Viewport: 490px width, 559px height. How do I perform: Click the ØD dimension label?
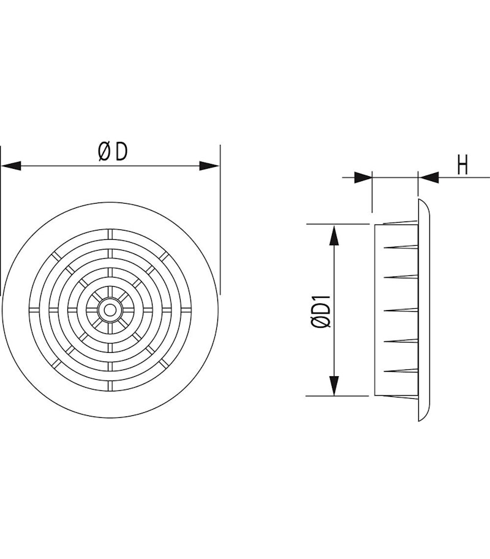(x=113, y=152)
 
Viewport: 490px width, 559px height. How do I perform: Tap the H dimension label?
(x=462, y=165)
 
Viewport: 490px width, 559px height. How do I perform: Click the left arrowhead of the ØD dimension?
(x=11, y=166)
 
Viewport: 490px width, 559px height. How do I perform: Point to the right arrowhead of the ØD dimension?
(x=209, y=166)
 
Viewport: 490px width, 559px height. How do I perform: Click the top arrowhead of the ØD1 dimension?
(x=334, y=235)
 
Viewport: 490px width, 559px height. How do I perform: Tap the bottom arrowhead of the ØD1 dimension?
(x=334, y=386)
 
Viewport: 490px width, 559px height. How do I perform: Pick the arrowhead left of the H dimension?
(x=363, y=177)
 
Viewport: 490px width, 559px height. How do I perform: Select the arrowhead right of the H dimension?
(x=429, y=177)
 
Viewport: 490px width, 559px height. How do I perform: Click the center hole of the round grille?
(x=110, y=310)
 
